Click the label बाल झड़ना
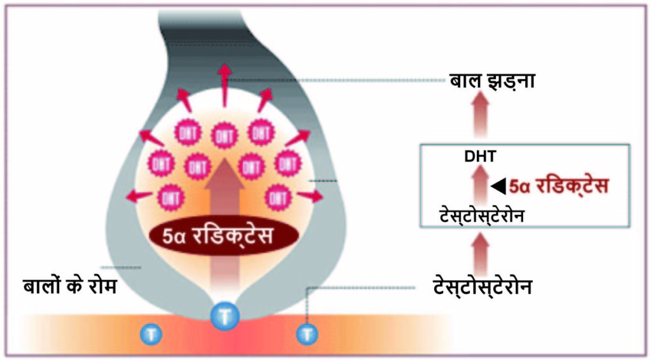(x=492, y=80)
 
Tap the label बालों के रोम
(x=70, y=286)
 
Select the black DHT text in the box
(x=481, y=156)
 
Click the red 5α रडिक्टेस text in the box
(x=558, y=186)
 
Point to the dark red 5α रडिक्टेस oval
(x=224, y=236)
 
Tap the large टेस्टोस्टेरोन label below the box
(x=483, y=287)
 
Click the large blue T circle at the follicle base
(x=224, y=316)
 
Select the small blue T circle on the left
(x=151, y=334)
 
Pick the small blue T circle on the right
(x=307, y=334)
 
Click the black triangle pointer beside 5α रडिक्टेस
(x=498, y=186)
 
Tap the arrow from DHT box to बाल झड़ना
(x=481, y=114)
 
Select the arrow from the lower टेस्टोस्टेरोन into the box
(x=481, y=253)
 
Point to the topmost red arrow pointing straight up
(x=224, y=85)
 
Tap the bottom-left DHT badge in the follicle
(x=171, y=198)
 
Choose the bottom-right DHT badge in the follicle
(x=278, y=198)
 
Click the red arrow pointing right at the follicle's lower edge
(x=310, y=195)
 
